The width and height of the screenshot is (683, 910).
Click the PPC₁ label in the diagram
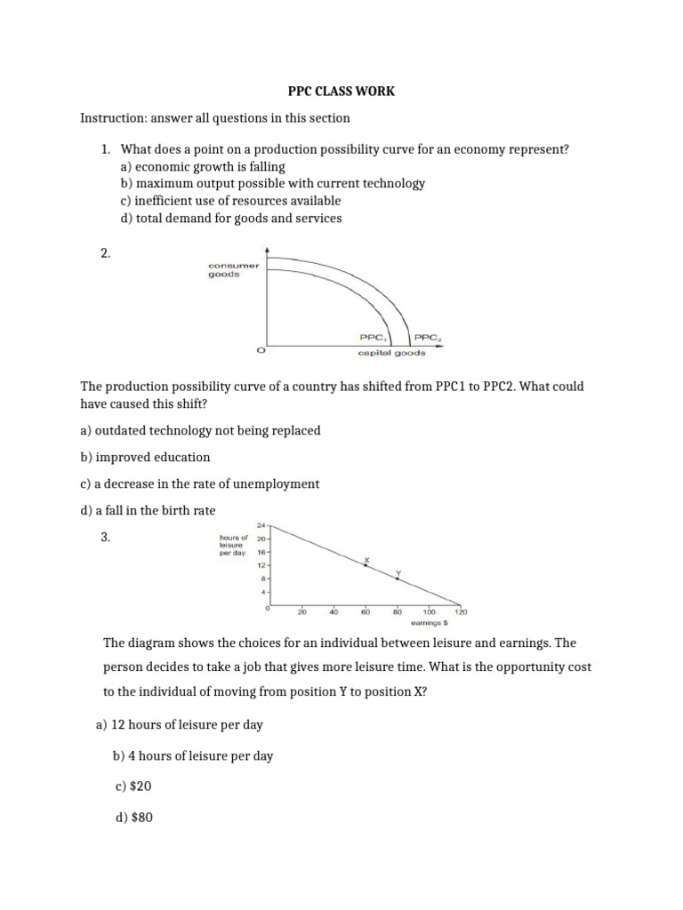373,338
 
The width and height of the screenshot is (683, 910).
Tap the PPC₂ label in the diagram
428,338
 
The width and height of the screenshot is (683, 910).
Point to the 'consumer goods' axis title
233,270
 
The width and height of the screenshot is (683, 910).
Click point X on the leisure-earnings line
366,565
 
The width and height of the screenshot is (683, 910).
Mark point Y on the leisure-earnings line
398,579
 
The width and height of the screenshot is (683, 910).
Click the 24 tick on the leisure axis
261,525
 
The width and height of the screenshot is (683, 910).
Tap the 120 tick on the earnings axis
461,612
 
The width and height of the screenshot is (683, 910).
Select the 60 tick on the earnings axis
366,612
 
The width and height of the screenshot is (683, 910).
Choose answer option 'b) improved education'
145,457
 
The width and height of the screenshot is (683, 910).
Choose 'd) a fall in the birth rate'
148,510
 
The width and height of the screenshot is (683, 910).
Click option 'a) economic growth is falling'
202,166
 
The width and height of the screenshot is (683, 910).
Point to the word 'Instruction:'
111,118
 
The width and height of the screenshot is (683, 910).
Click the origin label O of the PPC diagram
260,352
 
